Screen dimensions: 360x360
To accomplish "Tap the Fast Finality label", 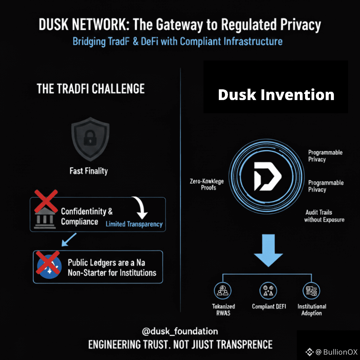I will click(x=89, y=171).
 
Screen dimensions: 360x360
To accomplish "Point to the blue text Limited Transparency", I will click(x=134, y=224).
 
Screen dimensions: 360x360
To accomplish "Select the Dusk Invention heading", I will click(x=276, y=95).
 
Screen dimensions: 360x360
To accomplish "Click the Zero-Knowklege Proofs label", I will click(x=207, y=184).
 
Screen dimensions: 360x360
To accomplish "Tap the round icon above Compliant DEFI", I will click(x=269, y=291).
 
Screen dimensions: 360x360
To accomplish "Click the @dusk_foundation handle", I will click(x=180, y=331).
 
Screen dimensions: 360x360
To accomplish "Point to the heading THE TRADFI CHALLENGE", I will click(x=91, y=88).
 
